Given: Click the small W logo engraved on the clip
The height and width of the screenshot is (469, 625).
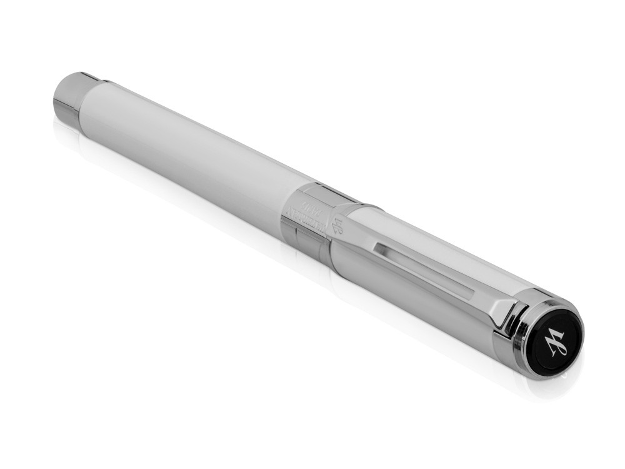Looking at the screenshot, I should (x=338, y=223).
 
